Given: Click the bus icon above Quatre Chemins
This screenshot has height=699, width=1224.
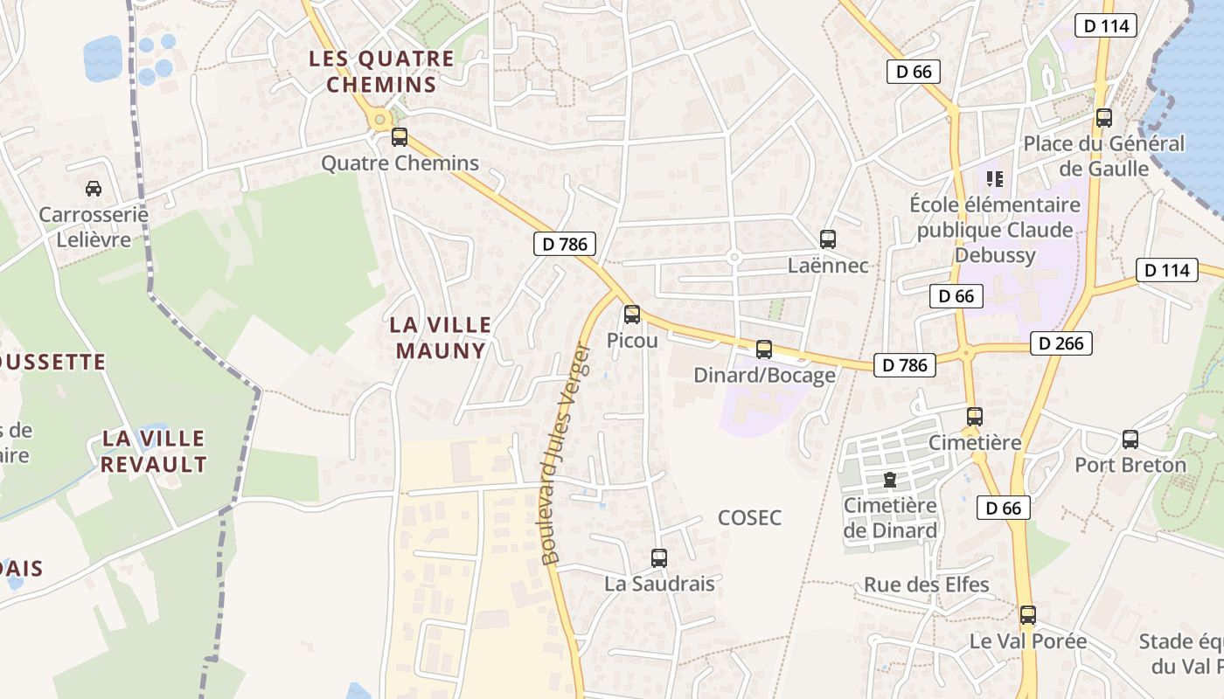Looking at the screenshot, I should pyautogui.click(x=400, y=137).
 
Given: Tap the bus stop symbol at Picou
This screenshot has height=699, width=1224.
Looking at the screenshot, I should pyautogui.click(x=632, y=315).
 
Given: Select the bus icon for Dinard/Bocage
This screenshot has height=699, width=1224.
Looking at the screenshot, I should pyautogui.click(x=764, y=349).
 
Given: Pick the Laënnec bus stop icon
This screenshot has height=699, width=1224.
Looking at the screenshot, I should pyautogui.click(x=828, y=239).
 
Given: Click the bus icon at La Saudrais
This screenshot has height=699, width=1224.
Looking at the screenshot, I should pyautogui.click(x=659, y=557).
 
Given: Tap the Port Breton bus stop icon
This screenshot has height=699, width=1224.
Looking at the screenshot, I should pyautogui.click(x=1130, y=439).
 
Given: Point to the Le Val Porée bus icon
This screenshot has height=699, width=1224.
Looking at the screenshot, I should pyautogui.click(x=1028, y=615).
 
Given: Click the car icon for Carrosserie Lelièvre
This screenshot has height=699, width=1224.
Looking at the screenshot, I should pyautogui.click(x=93, y=188).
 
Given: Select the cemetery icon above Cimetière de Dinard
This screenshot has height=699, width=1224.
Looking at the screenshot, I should pyautogui.click(x=890, y=480).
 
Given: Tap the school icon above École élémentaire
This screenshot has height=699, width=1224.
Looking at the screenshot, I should pyautogui.click(x=994, y=179).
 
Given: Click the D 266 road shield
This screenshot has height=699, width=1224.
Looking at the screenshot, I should pyautogui.click(x=1061, y=343).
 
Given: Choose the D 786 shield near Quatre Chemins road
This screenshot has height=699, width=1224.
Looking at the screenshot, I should pyautogui.click(x=565, y=244).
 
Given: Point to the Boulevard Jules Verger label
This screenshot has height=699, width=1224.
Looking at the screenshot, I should pyautogui.click(x=567, y=454).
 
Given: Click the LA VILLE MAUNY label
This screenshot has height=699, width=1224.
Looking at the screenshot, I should pyautogui.click(x=441, y=337).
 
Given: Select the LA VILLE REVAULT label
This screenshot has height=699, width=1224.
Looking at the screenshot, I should pyautogui.click(x=153, y=451).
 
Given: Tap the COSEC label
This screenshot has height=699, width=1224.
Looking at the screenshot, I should pyautogui.click(x=749, y=518).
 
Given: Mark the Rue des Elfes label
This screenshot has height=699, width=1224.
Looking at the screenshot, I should pyautogui.click(x=927, y=585).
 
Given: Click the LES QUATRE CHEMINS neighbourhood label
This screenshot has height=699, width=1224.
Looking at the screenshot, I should pyautogui.click(x=381, y=72).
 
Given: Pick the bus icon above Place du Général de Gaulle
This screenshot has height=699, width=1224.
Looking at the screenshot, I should pyautogui.click(x=1104, y=118).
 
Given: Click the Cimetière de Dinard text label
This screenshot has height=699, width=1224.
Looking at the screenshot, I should pyautogui.click(x=890, y=517).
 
